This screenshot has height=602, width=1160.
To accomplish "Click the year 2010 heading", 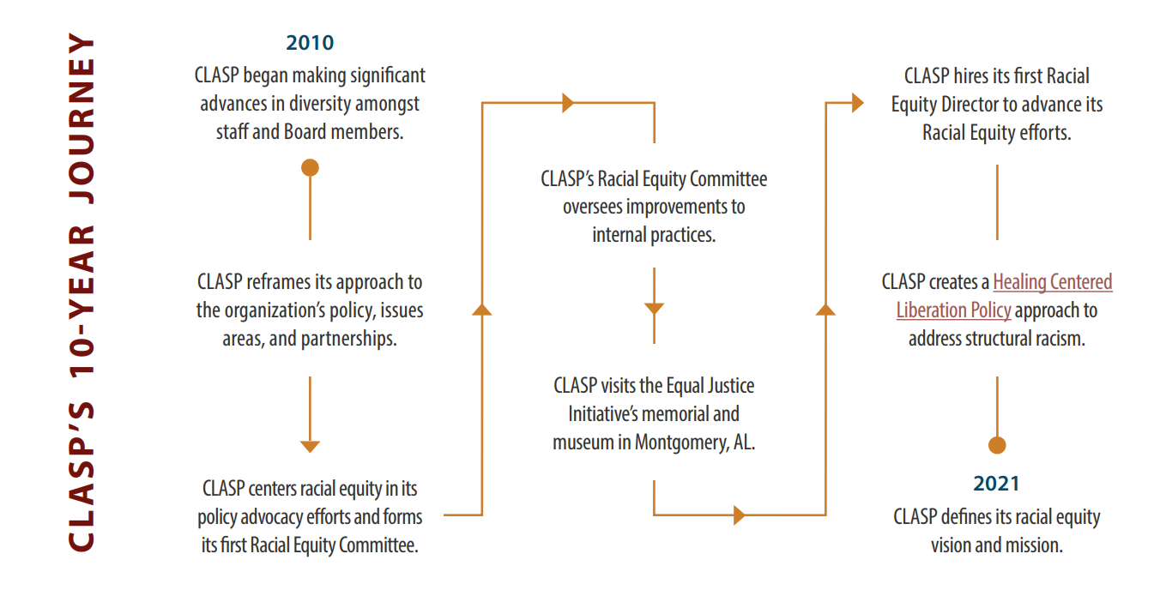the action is [310, 42].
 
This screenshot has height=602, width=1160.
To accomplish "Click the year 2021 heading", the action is [996, 484].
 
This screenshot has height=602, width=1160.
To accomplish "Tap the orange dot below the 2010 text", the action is [311, 168].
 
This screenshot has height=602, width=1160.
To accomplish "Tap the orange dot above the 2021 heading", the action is [997, 445].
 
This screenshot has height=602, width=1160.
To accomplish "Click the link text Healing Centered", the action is [1052, 282].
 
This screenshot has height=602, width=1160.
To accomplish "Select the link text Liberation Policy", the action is [953, 310].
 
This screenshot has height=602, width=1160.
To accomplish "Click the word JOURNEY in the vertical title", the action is [82, 118].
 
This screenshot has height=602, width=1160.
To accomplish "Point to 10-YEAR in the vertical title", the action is [82, 301].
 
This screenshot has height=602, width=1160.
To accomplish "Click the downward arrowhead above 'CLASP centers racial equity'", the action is [311, 447].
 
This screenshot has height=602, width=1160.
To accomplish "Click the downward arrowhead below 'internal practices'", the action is [654, 309].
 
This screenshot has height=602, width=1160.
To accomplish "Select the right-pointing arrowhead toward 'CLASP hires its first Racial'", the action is [858, 103].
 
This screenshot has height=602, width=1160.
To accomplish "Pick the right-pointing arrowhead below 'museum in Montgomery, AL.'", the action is [740, 515].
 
